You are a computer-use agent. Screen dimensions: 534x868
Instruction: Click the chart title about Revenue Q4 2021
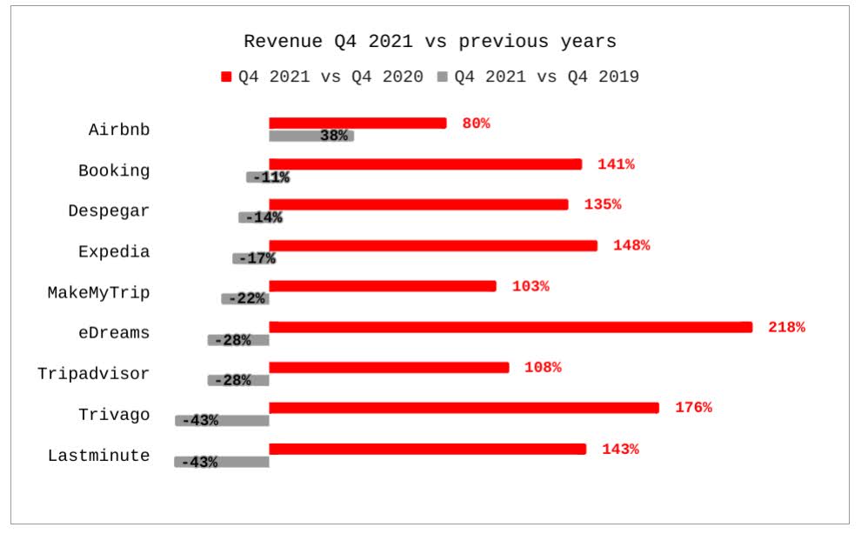[x=430, y=41]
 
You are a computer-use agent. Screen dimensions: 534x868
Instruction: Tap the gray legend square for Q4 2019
[x=442, y=77]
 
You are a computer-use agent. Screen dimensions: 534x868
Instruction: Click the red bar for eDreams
[x=511, y=327]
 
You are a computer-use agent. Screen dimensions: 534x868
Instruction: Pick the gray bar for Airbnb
[x=310, y=136]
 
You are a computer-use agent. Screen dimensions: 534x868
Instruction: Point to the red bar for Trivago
[x=464, y=408]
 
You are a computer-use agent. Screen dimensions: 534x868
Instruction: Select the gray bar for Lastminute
[x=222, y=462]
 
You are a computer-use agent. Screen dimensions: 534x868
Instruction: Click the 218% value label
[x=786, y=327]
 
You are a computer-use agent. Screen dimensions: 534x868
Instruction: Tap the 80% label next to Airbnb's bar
[x=476, y=123]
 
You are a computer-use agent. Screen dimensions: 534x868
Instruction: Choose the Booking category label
[x=114, y=170]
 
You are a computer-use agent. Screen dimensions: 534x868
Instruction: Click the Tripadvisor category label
[x=93, y=374]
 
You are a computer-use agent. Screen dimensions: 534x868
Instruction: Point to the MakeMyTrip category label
[x=98, y=292]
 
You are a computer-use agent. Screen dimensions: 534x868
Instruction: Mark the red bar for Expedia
[x=433, y=245]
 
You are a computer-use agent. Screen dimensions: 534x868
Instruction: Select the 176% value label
[x=693, y=408]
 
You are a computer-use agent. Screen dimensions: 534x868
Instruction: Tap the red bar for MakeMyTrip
[x=383, y=286]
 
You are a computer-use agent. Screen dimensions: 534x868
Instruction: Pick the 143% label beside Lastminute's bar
[x=620, y=449]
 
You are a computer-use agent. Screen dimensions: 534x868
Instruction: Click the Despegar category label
[x=109, y=211]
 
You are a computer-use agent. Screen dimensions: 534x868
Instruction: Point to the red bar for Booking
[x=425, y=164]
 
